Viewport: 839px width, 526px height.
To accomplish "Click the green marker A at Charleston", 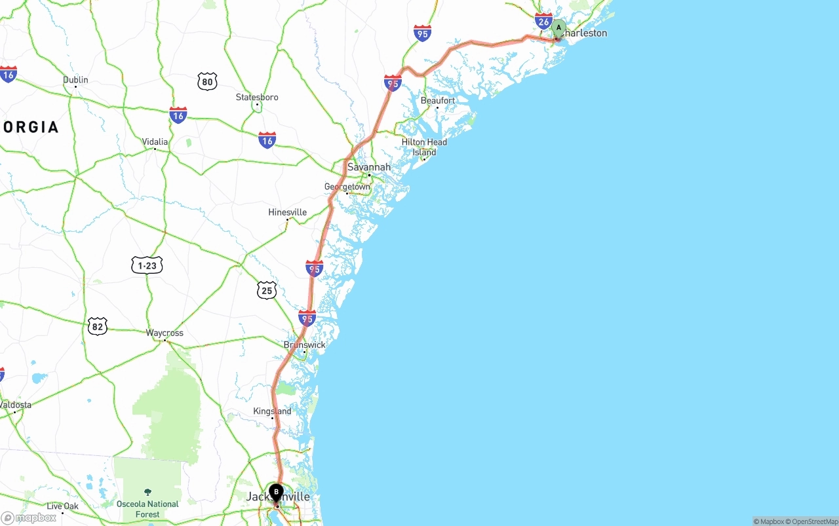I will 558,28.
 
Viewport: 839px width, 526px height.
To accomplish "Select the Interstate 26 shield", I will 543,21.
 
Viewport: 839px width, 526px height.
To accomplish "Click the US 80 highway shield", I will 207,82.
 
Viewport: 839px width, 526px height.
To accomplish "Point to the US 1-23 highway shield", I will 147,265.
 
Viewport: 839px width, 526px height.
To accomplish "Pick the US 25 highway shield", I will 266,290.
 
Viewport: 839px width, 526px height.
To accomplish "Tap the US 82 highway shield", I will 97,326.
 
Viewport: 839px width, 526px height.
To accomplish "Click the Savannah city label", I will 368,167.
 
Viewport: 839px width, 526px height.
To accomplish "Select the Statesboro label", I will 257,97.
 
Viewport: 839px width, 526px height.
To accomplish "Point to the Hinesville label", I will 287,212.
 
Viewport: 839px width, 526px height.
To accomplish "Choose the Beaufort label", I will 438,100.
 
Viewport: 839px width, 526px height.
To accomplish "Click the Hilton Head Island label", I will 424,147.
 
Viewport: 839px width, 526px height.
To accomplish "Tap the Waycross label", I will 165,333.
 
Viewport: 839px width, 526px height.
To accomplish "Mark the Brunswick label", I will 304,345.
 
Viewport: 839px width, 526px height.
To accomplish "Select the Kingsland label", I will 272,411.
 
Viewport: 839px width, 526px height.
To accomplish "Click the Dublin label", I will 75,80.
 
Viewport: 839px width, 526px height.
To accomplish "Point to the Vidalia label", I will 155,141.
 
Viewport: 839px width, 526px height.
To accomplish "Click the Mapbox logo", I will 29,517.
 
